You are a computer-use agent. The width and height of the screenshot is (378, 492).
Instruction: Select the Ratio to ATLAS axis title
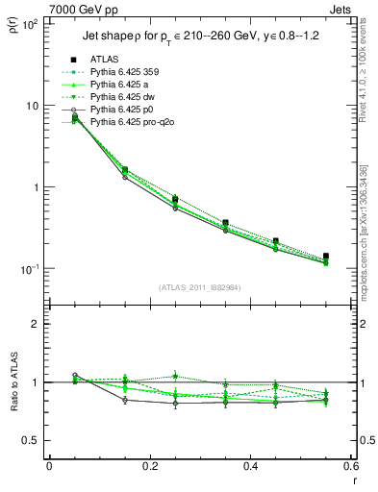14,382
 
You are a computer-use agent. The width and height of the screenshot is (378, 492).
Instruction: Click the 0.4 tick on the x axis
250,467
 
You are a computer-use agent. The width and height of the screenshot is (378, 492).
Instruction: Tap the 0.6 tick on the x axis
350,467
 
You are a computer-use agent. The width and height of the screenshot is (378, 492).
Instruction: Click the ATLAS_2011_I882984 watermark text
200,286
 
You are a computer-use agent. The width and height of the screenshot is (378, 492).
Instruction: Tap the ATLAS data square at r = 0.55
326,257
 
